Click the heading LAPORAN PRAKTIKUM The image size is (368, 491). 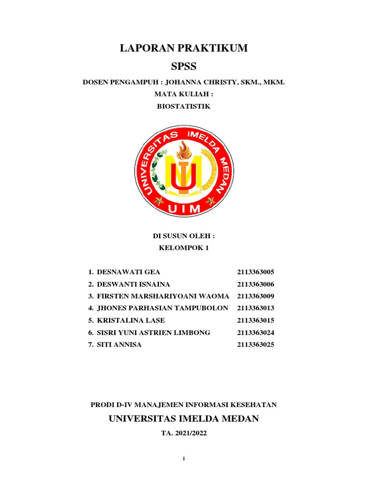(184, 48)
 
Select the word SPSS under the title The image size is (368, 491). (184, 66)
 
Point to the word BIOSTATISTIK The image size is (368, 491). (184, 106)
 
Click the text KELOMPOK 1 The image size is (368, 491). (184, 248)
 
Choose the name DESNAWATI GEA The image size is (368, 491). (126, 272)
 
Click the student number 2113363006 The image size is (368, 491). (255, 284)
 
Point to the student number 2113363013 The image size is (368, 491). (255, 308)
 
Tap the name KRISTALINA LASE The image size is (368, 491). (131, 320)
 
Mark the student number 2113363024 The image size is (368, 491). (255, 332)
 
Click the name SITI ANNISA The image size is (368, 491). (119, 344)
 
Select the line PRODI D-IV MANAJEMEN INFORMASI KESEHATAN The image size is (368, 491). (184, 405)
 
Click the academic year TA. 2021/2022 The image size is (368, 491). (184, 433)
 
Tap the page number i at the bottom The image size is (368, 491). (184, 459)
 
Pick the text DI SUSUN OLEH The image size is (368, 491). (184, 236)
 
